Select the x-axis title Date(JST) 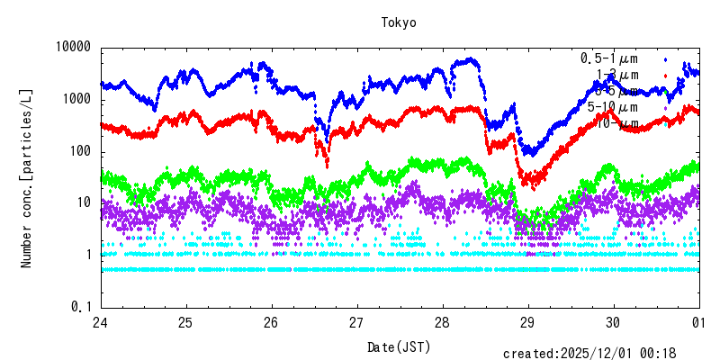[399, 346]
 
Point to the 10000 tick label [74, 47]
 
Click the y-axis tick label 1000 [77, 99]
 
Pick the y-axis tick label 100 [81, 151]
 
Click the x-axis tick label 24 [100, 323]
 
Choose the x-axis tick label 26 [271, 323]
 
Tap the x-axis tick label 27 [356, 323]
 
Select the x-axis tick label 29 [527, 323]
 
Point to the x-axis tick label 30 [613, 323]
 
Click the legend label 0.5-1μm [609, 58]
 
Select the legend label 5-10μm [613, 107]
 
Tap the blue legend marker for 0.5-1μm [664, 58]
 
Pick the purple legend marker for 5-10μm [664, 107]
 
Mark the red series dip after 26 [327, 163]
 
